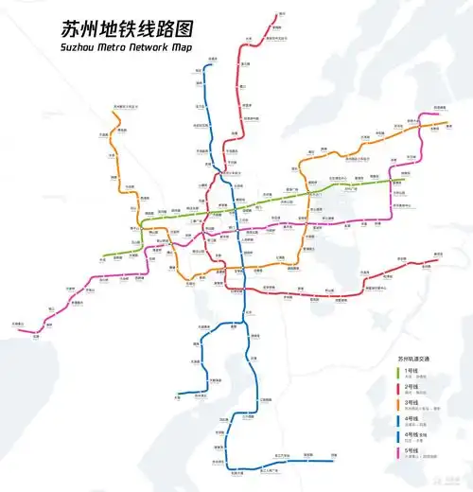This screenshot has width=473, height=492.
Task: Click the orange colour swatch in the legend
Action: (x=398, y=406)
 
